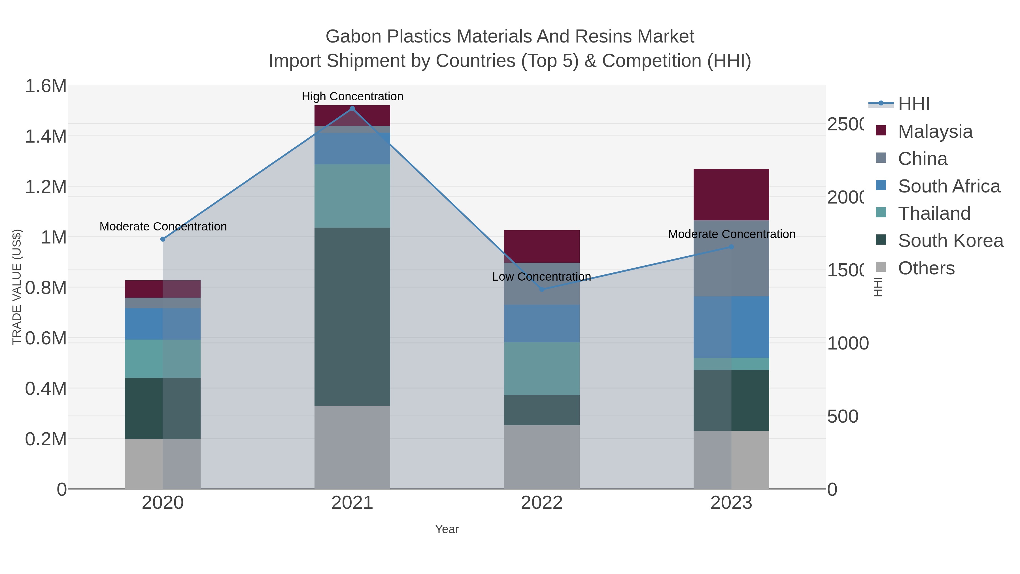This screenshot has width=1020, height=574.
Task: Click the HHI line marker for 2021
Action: pos(352,109)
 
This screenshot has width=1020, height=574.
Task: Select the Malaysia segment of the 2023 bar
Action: pos(731,194)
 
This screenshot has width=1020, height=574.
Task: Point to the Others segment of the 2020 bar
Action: pos(162,463)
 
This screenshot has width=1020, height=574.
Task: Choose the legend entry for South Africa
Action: pos(949,186)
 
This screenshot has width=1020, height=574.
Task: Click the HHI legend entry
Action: pos(913,104)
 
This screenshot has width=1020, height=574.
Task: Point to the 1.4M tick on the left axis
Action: pos(46,136)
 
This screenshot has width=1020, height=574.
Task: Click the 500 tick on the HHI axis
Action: pos(843,416)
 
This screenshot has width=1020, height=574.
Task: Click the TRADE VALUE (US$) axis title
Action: pos(17,287)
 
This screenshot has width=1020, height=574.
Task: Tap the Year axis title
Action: pos(447,529)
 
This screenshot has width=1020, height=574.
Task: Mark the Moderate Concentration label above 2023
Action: pos(731,234)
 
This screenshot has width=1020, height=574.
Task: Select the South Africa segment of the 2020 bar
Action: pos(162,324)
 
